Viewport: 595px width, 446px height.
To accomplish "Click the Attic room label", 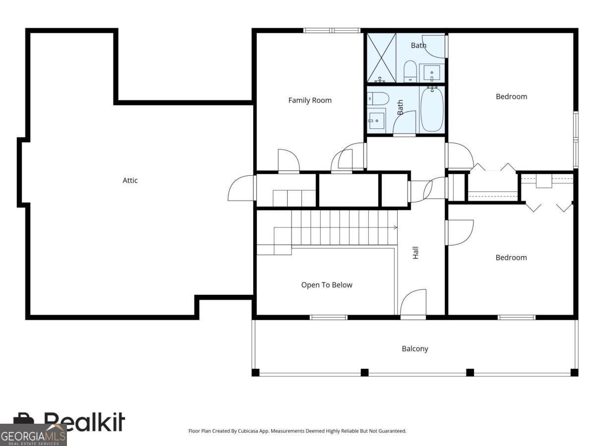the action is (130, 180).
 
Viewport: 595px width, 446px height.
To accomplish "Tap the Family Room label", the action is (309, 101).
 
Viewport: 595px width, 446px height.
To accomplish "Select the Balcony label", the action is (415, 349).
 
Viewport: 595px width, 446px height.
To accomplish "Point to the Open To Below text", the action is (327, 285).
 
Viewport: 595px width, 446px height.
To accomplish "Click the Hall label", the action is (416, 253).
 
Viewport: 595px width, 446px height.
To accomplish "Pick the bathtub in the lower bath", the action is (432, 110).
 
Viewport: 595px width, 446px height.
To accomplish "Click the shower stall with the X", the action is (381, 57).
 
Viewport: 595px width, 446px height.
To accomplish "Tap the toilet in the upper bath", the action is (410, 71).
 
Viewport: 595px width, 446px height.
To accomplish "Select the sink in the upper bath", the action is (431, 73).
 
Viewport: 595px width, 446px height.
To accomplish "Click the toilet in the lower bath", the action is (378, 99).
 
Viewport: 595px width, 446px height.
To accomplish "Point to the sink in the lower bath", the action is (376, 121).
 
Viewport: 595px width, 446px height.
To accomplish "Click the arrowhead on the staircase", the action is (396, 227).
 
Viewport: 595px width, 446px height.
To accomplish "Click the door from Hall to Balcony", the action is (413, 303).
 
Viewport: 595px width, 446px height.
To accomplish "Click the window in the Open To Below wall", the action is (329, 317).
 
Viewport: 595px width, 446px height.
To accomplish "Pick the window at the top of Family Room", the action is (332, 30).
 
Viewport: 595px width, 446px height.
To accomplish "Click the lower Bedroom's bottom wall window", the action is (517, 317).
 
